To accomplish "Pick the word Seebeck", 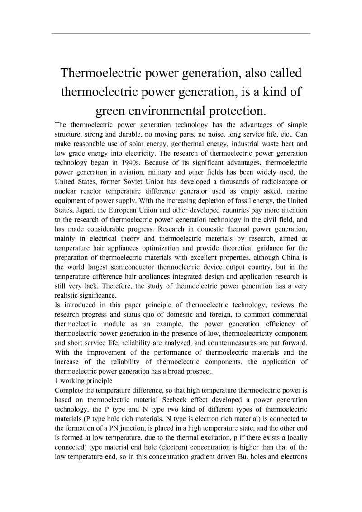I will [x=192, y=400].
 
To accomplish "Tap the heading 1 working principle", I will [x=83, y=381].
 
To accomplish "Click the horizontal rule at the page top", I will [x=181, y=34].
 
